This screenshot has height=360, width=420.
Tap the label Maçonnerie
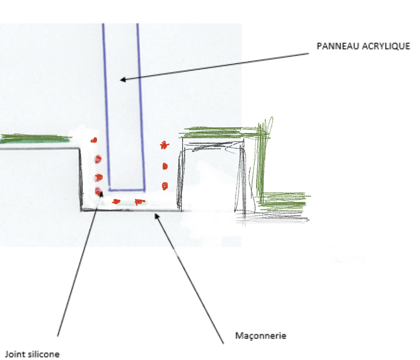261,336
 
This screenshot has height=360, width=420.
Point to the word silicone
44,354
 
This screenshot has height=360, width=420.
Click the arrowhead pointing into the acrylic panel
123,79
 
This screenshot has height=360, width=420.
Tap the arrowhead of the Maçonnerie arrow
157,216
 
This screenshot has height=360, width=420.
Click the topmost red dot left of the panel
94,140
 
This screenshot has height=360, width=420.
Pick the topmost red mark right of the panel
164,145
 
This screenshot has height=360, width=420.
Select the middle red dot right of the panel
165,166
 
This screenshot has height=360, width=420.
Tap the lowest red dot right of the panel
165,186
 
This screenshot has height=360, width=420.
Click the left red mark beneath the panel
116,202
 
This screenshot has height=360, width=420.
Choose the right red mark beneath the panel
139,202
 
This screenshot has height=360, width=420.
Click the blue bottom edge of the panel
127,190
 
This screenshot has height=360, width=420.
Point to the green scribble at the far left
36,139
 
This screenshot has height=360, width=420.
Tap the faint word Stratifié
348,259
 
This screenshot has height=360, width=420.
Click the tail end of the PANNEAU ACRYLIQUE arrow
309,54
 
